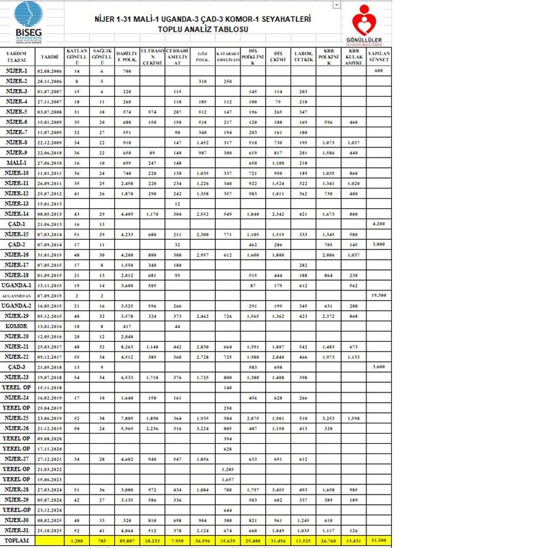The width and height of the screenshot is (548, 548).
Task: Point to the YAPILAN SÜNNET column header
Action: [x=379, y=56]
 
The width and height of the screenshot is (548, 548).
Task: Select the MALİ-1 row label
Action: [x=16, y=163]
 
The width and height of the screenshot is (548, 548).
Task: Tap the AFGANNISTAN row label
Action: [x=16, y=295]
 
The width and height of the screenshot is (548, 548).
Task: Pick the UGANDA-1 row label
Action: [x=16, y=285]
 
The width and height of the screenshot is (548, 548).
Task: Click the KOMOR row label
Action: [x=16, y=326]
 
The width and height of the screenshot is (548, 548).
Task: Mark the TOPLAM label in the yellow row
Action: [x=16, y=540]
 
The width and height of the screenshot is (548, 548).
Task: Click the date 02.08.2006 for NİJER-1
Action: [x=50, y=71]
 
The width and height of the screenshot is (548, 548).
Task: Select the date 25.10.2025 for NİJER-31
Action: [x=50, y=530]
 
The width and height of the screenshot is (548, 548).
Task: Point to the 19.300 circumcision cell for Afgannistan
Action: [x=379, y=295]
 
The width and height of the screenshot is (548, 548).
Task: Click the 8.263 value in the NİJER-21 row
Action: [x=126, y=347]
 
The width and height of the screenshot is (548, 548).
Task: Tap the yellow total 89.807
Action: [x=126, y=540]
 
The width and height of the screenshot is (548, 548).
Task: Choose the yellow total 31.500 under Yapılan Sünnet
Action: [x=379, y=540]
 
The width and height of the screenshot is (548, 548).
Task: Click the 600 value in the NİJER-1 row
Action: [x=379, y=71]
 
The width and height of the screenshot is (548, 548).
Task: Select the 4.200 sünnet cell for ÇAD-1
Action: [x=379, y=224]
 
